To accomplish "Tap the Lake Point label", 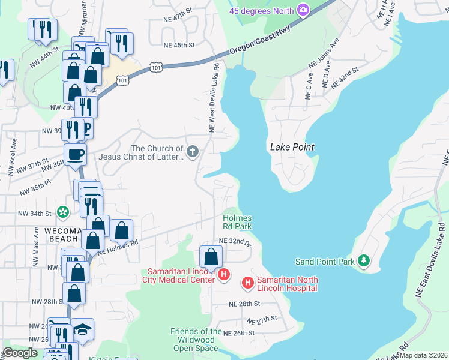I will click(x=292, y=147).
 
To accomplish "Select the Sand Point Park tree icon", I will click(x=363, y=260).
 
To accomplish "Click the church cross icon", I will click(x=193, y=151).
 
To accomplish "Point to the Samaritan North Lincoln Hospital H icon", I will click(x=247, y=283).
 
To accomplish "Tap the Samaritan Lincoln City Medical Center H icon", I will click(x=224, y=275).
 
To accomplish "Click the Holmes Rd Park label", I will click(x=237, y=222).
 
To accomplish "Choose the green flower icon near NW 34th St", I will click(x=62, y=212).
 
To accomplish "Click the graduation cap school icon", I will click(x=82, y=329).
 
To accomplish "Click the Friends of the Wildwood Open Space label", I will click(x=196, y=340).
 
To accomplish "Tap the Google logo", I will click(x=20, y=353).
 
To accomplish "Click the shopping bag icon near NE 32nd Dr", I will click(x=211, y=257).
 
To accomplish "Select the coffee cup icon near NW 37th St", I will click(x=76, y=154).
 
